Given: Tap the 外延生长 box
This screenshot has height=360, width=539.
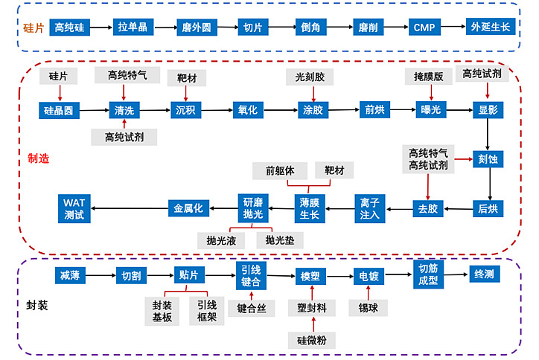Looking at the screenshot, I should coord(491,28).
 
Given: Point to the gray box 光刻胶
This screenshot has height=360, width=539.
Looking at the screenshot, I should coord(310,77).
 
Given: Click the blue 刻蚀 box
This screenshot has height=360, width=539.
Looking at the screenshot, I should coord(487,158).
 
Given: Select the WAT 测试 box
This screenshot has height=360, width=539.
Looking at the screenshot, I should coord(74,208).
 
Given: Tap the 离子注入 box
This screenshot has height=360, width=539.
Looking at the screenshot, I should coord(369,208).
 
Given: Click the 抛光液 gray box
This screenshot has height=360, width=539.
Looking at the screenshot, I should coord(221,240).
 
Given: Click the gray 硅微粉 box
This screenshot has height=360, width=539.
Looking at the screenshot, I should coord(313,340).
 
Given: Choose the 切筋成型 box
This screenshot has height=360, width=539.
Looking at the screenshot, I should coord(428,274).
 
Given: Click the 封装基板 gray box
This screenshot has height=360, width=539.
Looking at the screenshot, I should coord(162,310).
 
